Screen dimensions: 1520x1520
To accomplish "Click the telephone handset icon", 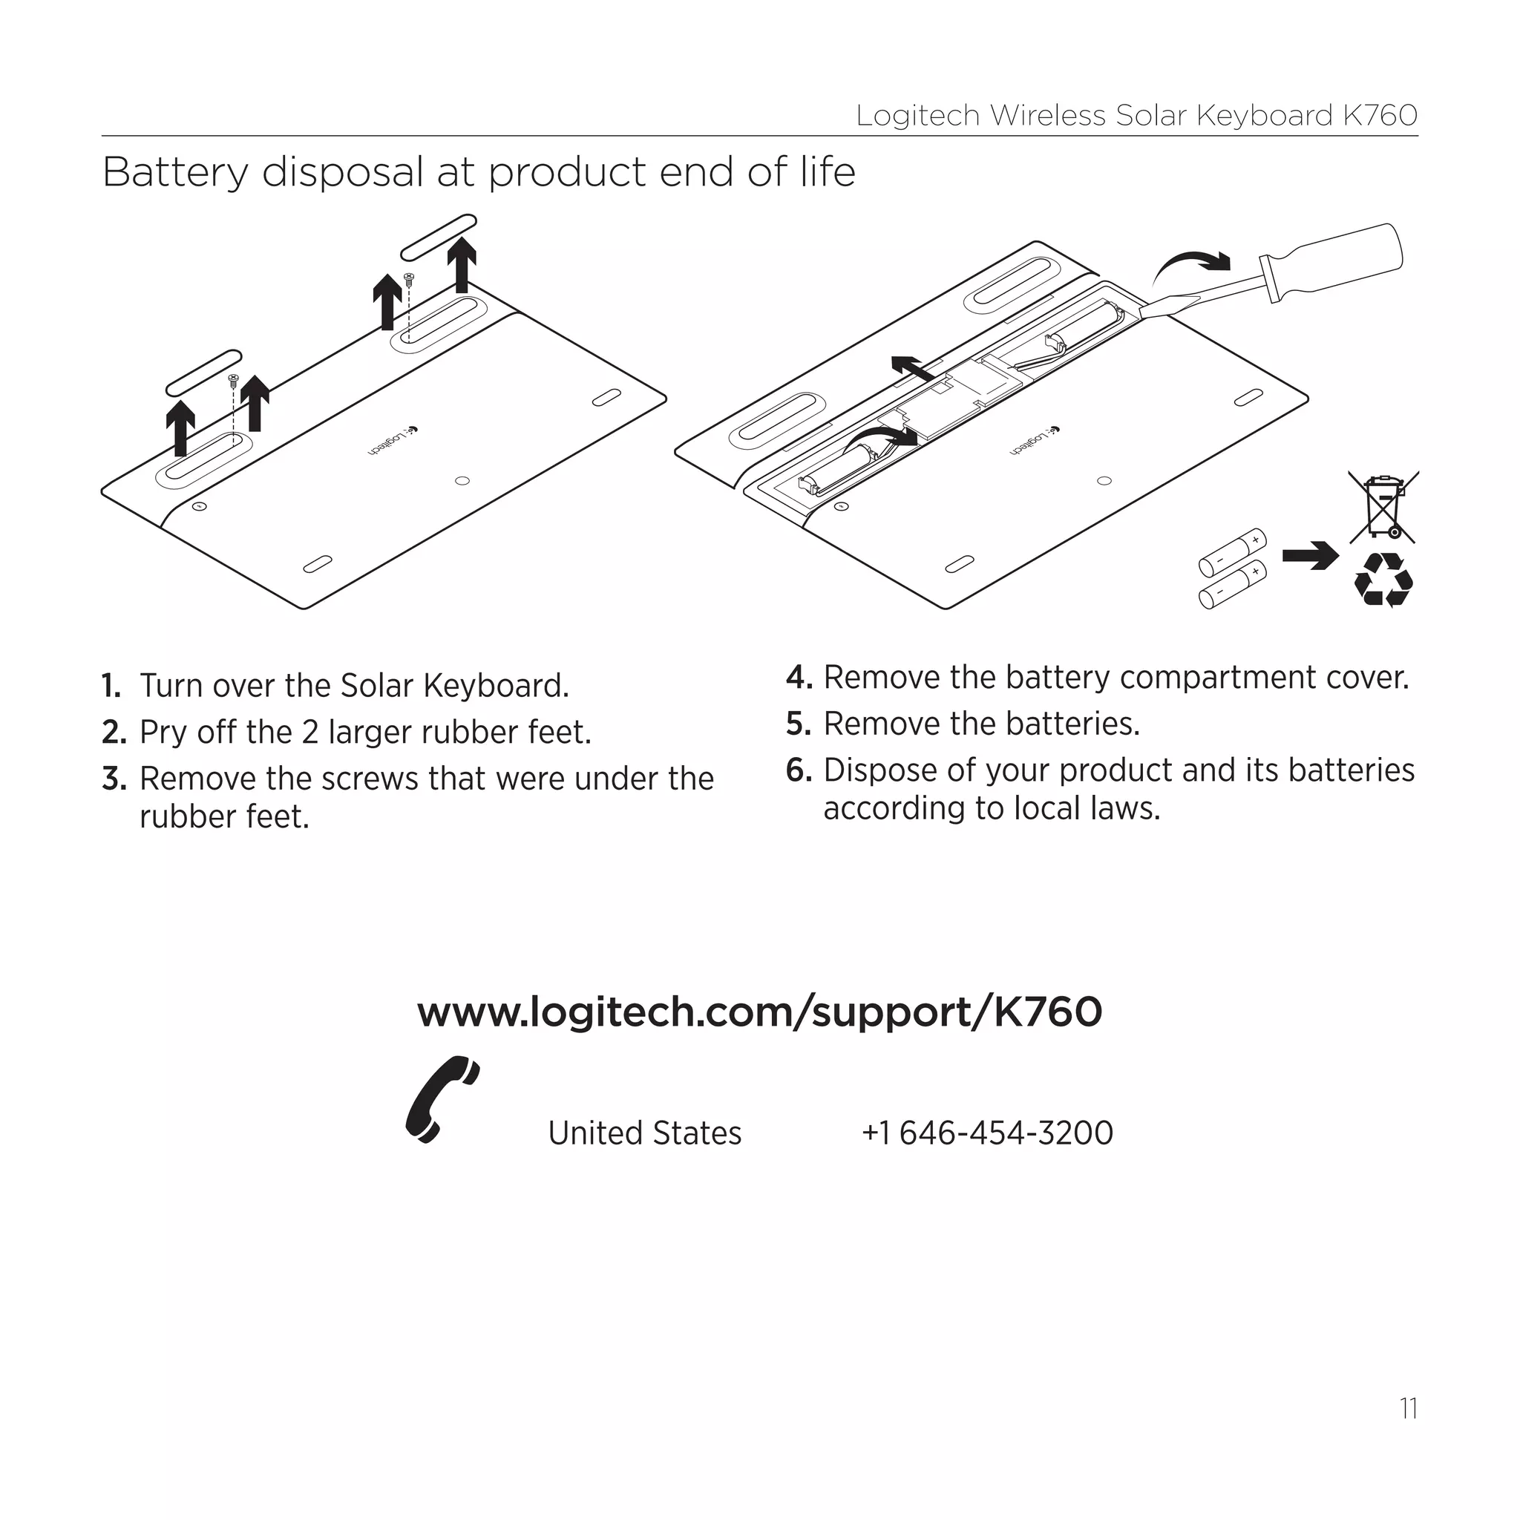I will coord(441,1100).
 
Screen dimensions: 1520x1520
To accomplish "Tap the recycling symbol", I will coord(1383,580).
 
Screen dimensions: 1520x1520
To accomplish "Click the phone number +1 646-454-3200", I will coord(986,1133).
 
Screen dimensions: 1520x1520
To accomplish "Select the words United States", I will coord(644,1133).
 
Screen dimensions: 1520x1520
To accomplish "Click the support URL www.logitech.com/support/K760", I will coord(759,1012).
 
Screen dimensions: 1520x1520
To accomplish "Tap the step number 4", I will coord(797,678).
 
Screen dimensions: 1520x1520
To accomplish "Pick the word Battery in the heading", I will coord(174,172).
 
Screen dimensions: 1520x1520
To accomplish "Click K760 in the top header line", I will coord(1380,116).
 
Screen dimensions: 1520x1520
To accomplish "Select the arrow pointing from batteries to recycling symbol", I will coord(1310,555).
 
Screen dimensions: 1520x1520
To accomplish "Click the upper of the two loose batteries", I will coord(1232,553).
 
